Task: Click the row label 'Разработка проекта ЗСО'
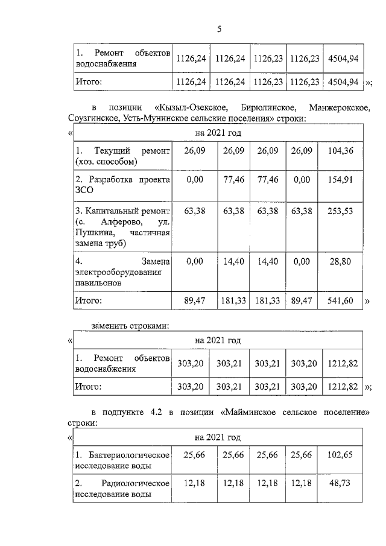pos(122,185)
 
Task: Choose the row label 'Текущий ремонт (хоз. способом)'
pos(122,155)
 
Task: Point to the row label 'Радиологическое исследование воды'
pos(122,489)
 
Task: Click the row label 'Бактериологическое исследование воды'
pos(122,459)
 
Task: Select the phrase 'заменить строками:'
pos(129,326)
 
